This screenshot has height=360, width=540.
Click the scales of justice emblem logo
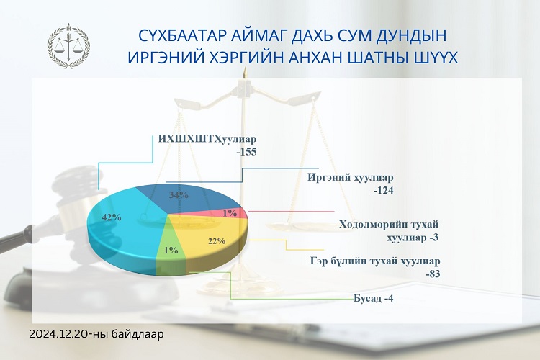click(x=68, y=45)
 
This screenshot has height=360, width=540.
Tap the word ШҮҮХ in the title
click(x=435, y=58)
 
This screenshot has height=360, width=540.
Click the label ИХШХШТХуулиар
click(x=207, y=139)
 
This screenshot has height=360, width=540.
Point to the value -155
click(x=246, y=152)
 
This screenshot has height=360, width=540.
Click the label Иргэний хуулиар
click(x=350, y=178)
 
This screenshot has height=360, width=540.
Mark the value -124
click(x=383, y=190)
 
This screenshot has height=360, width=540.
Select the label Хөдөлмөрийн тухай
click(x=389, y=224)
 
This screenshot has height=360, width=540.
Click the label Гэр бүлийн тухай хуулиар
click(x=374, y=261)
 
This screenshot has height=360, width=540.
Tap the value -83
click(x=433, y=274)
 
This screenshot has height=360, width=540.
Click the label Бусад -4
click(x=373, y=298)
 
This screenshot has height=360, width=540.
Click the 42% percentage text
click(x=112, y=217)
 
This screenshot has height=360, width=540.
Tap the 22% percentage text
click(x=217, y=240)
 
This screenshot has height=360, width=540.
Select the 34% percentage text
click(x=179, y=195)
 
